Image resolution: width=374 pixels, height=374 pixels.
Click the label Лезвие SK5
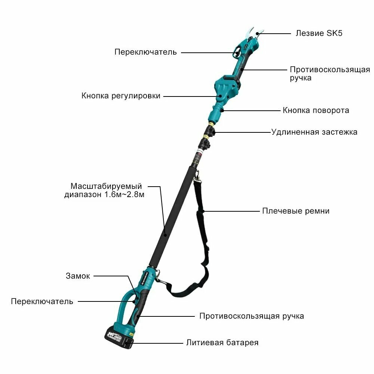click(319, 33)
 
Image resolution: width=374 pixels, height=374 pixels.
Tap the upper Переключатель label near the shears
click(145, 52)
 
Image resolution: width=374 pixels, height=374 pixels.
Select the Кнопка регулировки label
click(121, 96)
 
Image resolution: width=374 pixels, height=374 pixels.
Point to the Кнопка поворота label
click(316, 110)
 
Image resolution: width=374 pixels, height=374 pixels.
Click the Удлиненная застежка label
click(315, 132)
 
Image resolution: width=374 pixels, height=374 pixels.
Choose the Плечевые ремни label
click(296, 211)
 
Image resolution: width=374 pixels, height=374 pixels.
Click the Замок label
click(78, 276)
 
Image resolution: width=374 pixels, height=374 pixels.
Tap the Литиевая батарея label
click(222, 343)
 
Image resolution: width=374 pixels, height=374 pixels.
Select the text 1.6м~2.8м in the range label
click(124, 194)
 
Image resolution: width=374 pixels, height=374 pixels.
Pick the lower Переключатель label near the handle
click(42, 301)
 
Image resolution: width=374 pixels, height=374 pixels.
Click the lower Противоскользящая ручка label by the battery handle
click(252, 316)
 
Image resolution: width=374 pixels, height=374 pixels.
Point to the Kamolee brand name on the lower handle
click(145, 278)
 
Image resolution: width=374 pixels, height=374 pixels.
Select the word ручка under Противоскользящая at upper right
click(301, 78)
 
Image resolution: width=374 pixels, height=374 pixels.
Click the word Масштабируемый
click(106, 186)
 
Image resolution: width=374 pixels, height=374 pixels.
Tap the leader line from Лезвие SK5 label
click(274, 34)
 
